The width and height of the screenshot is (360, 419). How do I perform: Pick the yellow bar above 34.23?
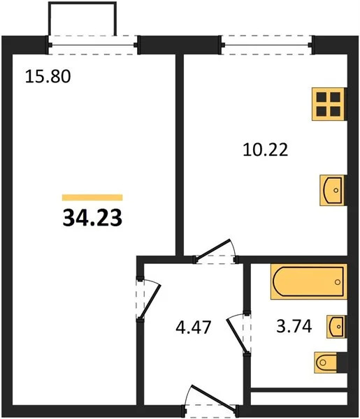point(92,198)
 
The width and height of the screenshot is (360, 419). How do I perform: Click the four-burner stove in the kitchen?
point(328,105)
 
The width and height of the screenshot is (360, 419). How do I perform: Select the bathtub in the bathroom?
point(308,281)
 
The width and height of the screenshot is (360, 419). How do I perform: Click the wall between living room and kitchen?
point(179,154)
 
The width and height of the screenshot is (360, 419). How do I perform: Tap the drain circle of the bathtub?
point(338,282)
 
